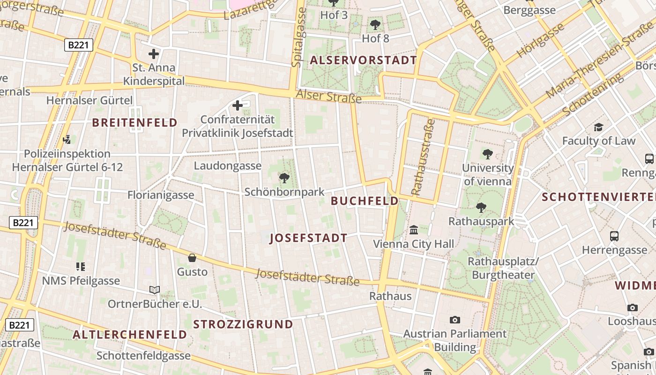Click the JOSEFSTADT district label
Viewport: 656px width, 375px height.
click(309, 238)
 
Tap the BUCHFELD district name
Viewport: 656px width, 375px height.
click(365, 201)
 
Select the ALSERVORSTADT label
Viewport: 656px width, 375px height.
click(363, 60)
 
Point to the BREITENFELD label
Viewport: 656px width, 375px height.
click(134, 123)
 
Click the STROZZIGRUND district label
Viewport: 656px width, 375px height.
click(243, 324)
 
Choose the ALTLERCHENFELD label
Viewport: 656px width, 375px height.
click(130, 335)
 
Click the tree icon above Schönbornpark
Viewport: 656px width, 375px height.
click(284, 178)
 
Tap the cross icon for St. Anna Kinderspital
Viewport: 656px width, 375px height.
click(154, 53)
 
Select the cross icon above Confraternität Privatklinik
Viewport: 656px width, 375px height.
click(238, 105)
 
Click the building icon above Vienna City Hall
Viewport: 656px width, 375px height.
click(414, 230)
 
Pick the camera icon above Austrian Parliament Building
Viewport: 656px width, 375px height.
click(455, 320)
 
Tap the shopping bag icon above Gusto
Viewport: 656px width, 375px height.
click(192, 257)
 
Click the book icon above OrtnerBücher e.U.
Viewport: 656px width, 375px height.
click(155, 290)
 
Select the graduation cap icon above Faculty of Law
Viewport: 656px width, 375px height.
click(598, 127)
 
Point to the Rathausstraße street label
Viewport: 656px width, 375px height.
click(423, 157)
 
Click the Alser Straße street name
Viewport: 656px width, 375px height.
click(328, 96)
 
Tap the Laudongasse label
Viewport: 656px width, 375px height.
click(228, 165)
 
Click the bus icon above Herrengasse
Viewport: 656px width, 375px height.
click(614, 236)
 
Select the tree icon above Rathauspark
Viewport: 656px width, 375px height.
click(481, 207)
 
